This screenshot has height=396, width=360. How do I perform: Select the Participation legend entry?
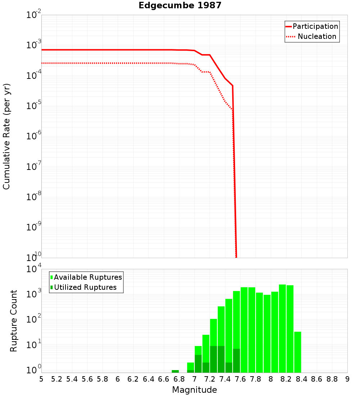point(315,26)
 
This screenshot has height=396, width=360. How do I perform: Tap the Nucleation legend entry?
point(317,36)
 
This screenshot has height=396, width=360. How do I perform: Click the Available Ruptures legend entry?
point(88,277)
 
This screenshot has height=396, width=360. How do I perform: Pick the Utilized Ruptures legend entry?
point(85,287)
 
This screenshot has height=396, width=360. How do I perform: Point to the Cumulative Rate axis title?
point(6,136)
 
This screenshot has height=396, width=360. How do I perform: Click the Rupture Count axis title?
point(14,321)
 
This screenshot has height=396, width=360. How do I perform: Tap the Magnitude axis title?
point(194,390)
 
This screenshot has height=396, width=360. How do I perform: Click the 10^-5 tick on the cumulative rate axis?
point(33,105)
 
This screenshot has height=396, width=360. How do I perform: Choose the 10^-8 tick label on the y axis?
point(33,197)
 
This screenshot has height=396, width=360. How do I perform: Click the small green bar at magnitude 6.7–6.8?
point(175,371)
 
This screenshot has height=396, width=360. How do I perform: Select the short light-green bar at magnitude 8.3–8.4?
point(297,352)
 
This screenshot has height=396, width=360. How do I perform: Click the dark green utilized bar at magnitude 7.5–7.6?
point(236,360)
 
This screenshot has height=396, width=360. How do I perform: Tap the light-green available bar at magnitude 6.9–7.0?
point(190,366)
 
